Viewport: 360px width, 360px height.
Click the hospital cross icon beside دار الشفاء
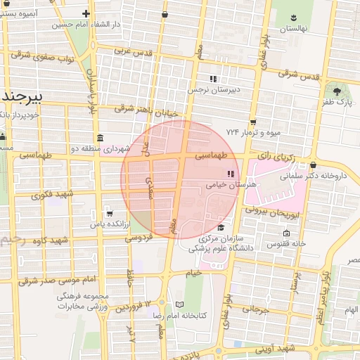pyautogui.click(x=86, y=13)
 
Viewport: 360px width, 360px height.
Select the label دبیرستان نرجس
pyautogui.click(x=214, y=90)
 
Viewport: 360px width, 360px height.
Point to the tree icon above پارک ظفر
pyautogui.click(x=337, y=92)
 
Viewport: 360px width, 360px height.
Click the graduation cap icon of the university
pyautogui.click(x=221, y=227)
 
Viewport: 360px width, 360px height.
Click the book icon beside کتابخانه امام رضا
pyautogui.click(x=179, y=305)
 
